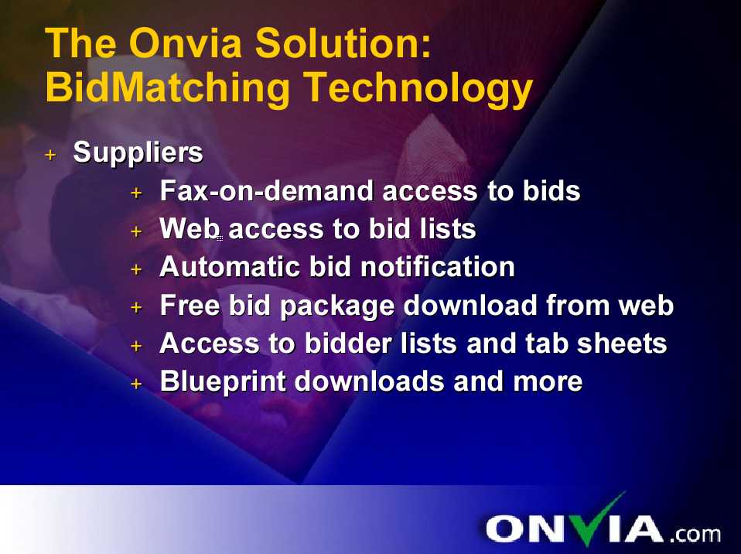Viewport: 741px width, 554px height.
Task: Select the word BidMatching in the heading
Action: coord(167,87)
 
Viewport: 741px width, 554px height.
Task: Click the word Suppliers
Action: coord(138,153)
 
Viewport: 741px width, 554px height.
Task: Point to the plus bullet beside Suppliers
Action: coord(50,155)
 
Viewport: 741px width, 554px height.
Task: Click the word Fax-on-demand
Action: coord(267,190)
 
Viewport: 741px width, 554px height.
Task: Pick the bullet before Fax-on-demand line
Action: coord(136,193)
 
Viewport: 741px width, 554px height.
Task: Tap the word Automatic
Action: coord(230,267)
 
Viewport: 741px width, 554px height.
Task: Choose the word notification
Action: coord(438,267)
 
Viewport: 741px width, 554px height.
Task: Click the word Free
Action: coord(190,305)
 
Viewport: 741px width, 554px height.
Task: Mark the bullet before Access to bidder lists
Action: coord(136,346)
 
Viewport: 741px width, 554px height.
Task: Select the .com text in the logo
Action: coord(695,534)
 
